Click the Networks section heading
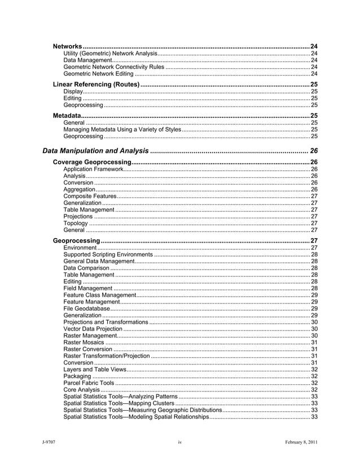click(68, 45)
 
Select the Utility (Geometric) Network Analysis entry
click(110, 54)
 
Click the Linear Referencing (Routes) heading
click(96, 84)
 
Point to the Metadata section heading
click(67, 115)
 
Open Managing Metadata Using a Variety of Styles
click(122, 130)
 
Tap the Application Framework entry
click(93, 169)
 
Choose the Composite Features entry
click(90, 196)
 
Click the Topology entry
click(76, 223)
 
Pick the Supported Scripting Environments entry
click(108, 255)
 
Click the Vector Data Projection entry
click(93, 329)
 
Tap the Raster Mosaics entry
click(84, 342)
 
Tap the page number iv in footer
click(179, 442)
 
